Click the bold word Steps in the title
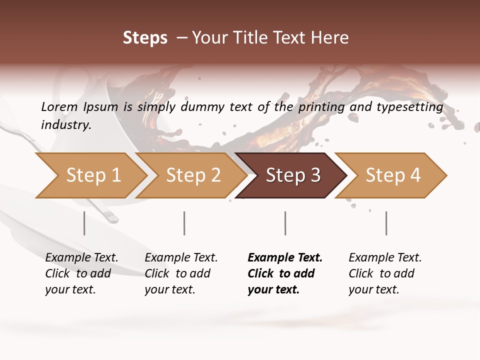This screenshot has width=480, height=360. [x=145, y=38]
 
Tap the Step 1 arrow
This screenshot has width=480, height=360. [x=90, y=175]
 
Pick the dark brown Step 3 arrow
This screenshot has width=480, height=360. [x=292, y=175]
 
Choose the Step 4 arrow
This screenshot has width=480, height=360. [x=392, y=175]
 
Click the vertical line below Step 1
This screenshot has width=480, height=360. [x=84, y=223]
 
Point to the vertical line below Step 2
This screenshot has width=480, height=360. [x=184, y=223]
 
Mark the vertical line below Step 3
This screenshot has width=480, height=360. [x=285, y=223]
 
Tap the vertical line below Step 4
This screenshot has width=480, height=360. [x=386, y=223]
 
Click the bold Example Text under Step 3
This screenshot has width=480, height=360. [x=285, y=258]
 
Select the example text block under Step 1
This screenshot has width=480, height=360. [x=81, y=273]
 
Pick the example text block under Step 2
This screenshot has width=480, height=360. [x=181, y=273]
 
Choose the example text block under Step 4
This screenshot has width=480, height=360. [x=385, y=273]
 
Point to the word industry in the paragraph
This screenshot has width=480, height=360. [x=66, y=125]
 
